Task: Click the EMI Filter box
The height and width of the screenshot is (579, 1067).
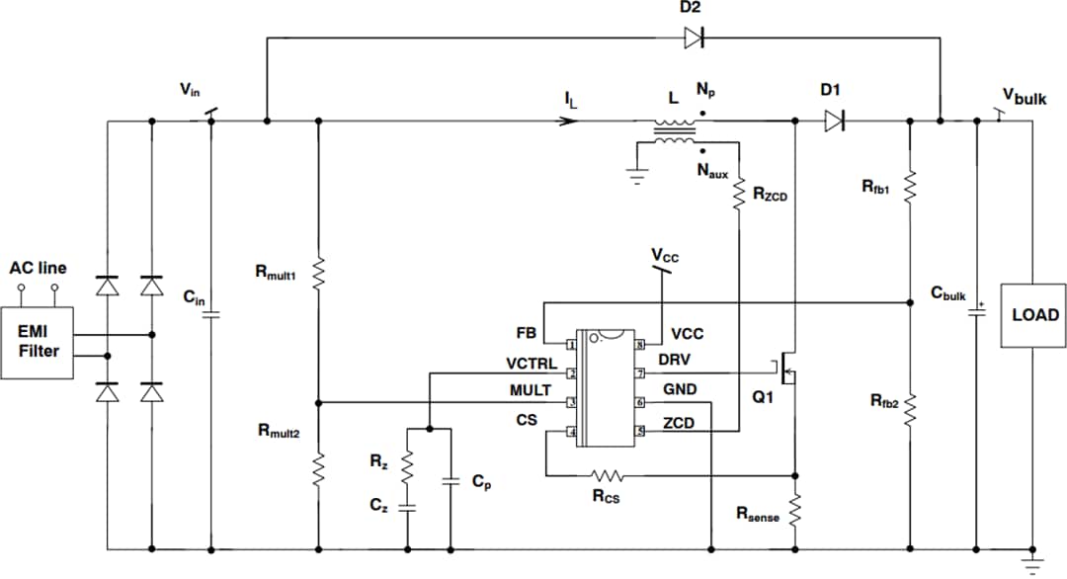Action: [38, 342]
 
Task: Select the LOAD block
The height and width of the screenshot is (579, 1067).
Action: [1033, 315]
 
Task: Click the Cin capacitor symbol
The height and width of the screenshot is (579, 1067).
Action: [210, 315]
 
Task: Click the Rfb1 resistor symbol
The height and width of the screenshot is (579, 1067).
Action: [909, 186]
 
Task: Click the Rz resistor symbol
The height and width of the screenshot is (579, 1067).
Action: [407, 464]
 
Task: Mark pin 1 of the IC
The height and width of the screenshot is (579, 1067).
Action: [571, 345]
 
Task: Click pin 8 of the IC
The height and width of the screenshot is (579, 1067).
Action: [639, 345]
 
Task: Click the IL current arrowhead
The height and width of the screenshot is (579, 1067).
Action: [569, 122]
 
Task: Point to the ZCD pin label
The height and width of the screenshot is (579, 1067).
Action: [678, 423]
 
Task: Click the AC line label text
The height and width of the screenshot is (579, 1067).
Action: [38, 268]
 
